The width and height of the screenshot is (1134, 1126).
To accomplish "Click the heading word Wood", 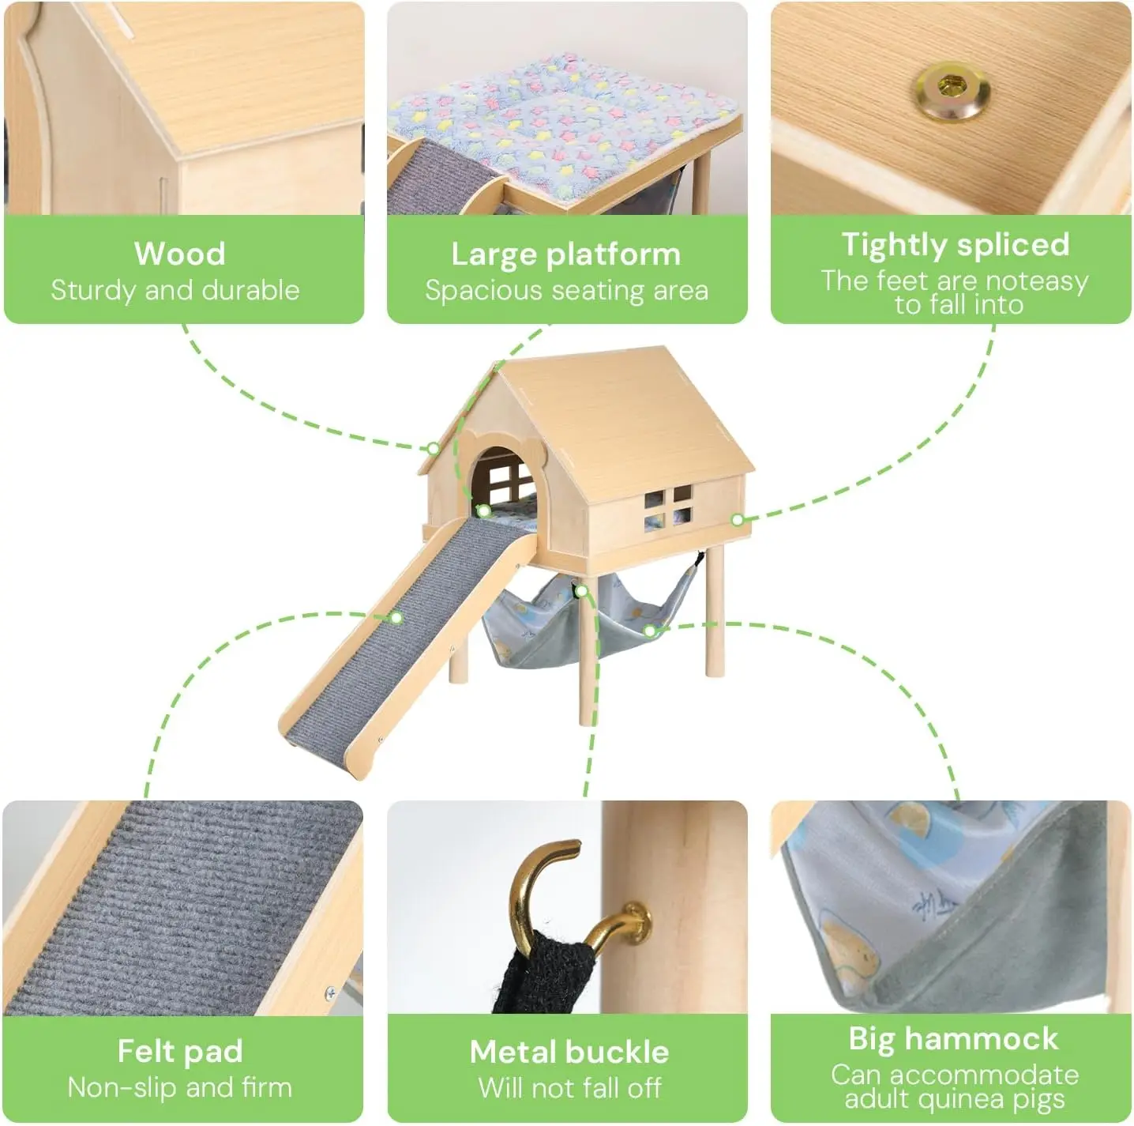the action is [180, 254].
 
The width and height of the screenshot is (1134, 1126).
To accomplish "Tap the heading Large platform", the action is [566, 255].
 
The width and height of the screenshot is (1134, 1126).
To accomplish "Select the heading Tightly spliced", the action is [955, 245].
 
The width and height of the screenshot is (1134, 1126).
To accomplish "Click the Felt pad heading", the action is [180, 1051].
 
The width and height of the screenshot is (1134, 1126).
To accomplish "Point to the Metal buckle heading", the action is [569, 1052].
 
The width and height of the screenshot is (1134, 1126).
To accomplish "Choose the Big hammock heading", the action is [953, 1039].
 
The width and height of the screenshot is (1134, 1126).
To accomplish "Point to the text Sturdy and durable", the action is [175, 291].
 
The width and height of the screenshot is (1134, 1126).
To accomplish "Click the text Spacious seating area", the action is [567, 291].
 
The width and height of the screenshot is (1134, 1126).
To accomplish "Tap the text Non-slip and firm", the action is [180, 1087].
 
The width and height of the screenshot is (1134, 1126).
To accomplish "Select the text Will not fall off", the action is [569, 1087].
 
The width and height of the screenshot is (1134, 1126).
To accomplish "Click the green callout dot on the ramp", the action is [396, 618].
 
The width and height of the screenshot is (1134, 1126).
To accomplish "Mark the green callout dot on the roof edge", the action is [433, 449].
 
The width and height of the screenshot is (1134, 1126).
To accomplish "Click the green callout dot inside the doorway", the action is [484, 511].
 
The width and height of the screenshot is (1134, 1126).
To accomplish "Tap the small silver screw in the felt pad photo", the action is [331, 993].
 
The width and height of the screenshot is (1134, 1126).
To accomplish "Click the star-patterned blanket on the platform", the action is [562, 124].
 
